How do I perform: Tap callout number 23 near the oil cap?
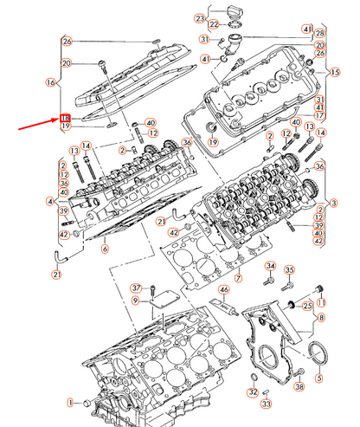(x=200, y=18)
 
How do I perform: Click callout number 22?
(x=215, y=25)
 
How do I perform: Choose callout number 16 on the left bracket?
(x=50, y=82)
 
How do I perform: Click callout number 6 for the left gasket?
(x=105, y=249)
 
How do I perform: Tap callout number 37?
(x=136, y=288)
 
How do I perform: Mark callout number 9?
(x=136, y=301)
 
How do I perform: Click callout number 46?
(x=223, y=289)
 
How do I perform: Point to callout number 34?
(x=269, y=266)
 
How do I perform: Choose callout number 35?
(x=290, y=269)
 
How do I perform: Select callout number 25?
(x=306, y=306)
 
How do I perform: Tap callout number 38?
(x=300, y=388)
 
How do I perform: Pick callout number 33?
(x=267, y=404)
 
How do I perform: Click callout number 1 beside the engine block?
(x=73, y=404)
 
